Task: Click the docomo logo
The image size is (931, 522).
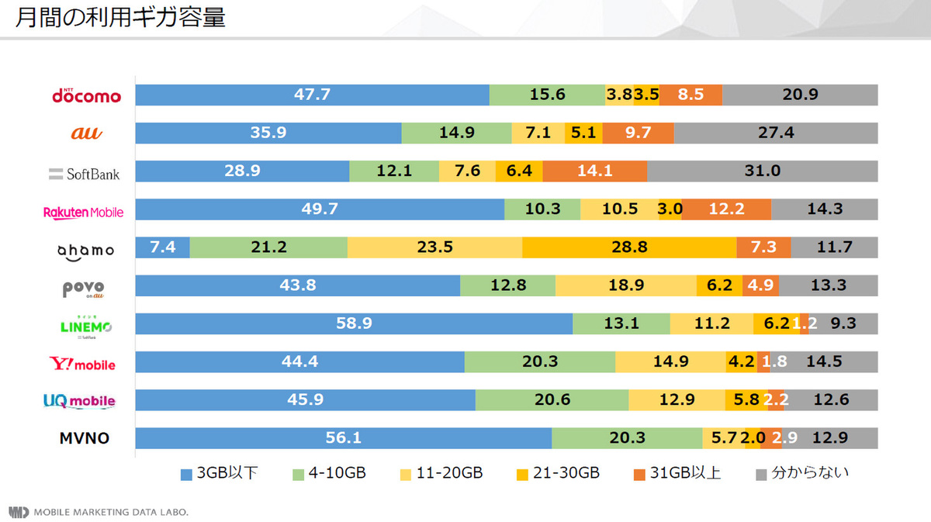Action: pos(86,95)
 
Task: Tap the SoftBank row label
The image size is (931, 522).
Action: pos(84,173)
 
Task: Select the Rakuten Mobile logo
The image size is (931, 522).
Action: pos(83,212)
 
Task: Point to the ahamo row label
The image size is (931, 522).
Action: pos(86,250)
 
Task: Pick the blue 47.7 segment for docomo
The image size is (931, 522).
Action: pos(312,95)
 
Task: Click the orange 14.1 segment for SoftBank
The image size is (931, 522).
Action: pos(594,171)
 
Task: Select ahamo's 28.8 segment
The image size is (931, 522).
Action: pos(629,247)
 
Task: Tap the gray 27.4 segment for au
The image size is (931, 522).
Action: pos(775,133)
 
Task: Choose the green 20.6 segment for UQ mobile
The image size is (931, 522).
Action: pos(552,400)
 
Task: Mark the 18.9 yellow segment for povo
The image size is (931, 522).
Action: pos(625,285)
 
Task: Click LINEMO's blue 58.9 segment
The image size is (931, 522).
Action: pos(354,323)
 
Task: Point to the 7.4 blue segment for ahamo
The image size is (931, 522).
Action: pos(162,247)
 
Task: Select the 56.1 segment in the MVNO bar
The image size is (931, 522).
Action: pos(343,438)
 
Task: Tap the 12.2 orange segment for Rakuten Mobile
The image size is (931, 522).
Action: pos(726,209)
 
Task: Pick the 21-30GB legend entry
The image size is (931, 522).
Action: pos(557,472)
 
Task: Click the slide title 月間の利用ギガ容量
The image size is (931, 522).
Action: pos(120,18)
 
